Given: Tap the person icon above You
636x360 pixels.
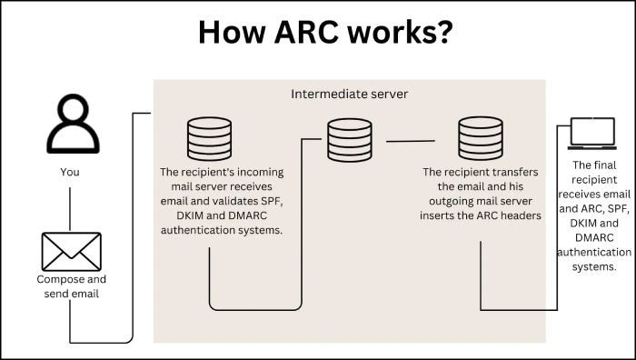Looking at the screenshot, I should click(x=72, y=126).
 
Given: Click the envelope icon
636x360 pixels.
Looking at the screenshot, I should click(x=71, y=252).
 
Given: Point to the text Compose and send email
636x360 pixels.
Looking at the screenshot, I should click(x=71, y=286).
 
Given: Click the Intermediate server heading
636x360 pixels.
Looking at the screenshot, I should click(x=349, y=95).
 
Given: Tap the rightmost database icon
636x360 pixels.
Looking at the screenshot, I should click(x=481, y=138).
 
